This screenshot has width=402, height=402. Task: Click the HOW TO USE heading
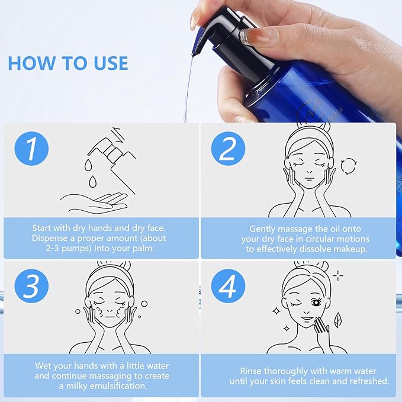(x=68, y=63)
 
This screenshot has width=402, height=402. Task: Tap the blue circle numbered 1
(x=31, y=149)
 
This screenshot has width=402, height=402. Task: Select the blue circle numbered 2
(x=228, y=149)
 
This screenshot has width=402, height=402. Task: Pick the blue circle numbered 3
(x=31, y=286)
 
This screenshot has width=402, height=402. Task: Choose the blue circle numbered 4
(x=228, y=286)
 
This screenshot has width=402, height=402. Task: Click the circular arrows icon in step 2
(x=349, y=166)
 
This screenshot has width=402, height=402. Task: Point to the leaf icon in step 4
(x=337, y=320)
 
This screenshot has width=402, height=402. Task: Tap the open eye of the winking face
(x=316, y=303)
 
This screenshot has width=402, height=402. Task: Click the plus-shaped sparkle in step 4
(x=338, y=276)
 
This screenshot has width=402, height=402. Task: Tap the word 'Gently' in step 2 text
(x=262, y=229)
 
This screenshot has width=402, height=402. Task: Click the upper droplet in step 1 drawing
(x=88, y=165)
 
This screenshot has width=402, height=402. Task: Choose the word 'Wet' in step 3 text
(x=43, y=365)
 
